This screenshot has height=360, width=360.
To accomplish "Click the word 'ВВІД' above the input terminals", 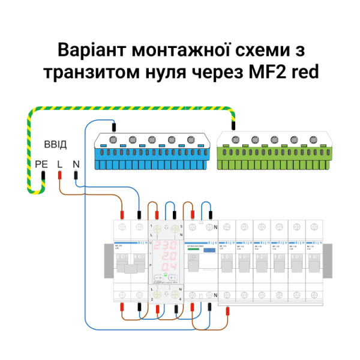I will [x=55, y=146].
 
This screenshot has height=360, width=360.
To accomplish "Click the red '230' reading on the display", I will [x=166, y=247].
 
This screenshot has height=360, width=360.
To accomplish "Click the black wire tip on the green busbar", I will [x=233, y=127].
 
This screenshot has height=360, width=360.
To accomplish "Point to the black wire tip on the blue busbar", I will [x=114, y=127].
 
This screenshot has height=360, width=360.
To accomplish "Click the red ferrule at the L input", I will [x=60, y=175].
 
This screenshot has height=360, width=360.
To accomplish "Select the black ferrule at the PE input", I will [x=43, y=176].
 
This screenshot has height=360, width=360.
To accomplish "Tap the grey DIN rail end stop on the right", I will [x=328, y=261].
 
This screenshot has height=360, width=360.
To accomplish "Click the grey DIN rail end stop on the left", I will [x=108, y=261].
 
